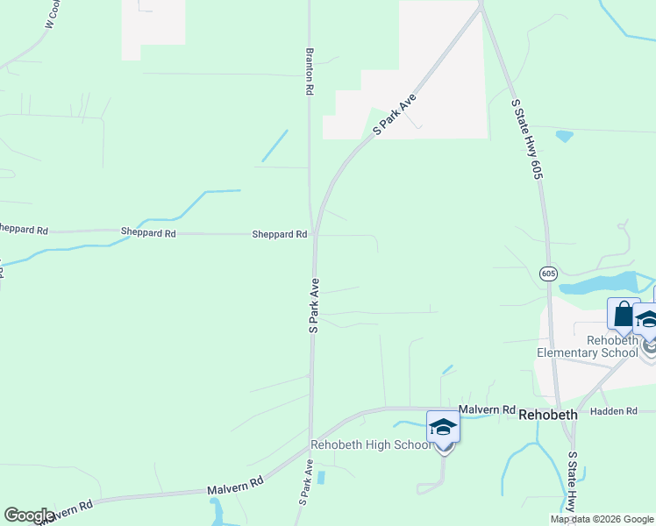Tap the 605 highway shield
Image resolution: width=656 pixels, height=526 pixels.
point(548,274)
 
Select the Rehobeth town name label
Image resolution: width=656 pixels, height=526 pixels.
point(548,415)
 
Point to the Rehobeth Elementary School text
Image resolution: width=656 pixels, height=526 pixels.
point(588,346)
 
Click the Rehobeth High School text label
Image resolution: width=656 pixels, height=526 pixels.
point(372,444)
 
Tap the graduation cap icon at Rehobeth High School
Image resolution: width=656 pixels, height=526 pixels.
point(443,428)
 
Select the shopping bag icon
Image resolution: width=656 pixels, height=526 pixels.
point(622,315)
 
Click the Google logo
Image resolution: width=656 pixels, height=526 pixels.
point(29,515)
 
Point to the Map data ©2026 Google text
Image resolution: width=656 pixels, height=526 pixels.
point(602,519)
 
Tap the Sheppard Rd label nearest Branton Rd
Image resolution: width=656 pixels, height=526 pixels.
point(279,234)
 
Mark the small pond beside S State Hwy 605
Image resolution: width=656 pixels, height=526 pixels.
point(564,136)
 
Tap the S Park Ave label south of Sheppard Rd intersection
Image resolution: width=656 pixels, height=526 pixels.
point(314,305)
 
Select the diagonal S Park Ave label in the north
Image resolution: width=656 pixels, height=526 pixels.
point(394,114)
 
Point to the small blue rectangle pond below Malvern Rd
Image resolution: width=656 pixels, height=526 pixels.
point(321,478)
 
